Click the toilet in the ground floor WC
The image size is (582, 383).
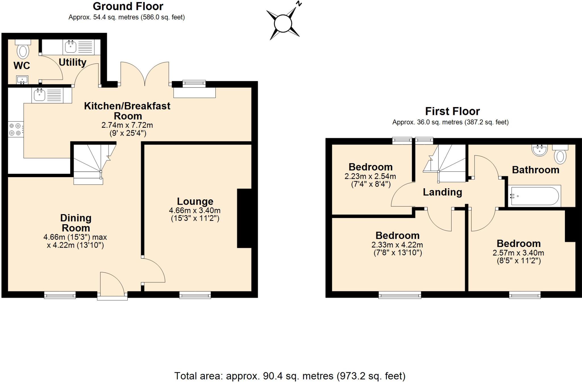(x=23, y=51)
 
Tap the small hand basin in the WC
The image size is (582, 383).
(x=22, y=80)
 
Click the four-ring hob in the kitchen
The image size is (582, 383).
(x=16, y=129)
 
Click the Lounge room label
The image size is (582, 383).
(x=195, y=201)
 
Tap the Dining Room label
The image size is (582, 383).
(x=76, y=223)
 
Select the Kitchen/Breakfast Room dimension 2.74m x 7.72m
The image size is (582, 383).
(x=127, y=125)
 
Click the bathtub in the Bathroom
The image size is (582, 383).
(x=534, y=196)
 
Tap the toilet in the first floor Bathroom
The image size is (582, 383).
(x=560, y=155)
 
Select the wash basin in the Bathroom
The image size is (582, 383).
(x=539, y=150)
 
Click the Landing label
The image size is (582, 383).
(x=442, y=192)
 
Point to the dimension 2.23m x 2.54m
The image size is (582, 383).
(x=370, y=176)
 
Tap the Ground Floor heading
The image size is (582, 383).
(x=128, y=6)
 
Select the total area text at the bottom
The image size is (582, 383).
(x=290, y=376)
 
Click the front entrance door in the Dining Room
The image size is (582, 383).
(x=112, y=285)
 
